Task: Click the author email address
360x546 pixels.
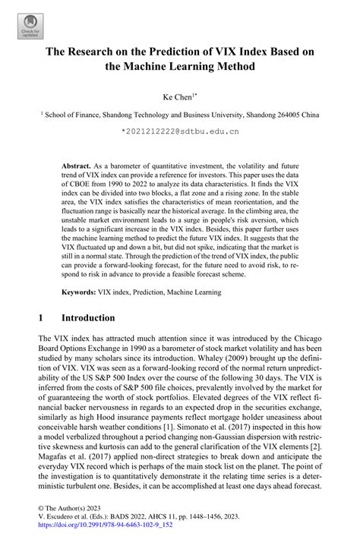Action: (x=180, y=131)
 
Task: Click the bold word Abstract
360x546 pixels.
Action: (x=76, y=165)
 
